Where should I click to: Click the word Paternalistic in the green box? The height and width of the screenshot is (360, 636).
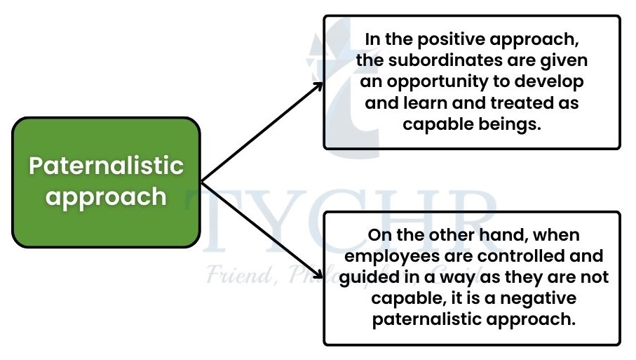107,166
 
